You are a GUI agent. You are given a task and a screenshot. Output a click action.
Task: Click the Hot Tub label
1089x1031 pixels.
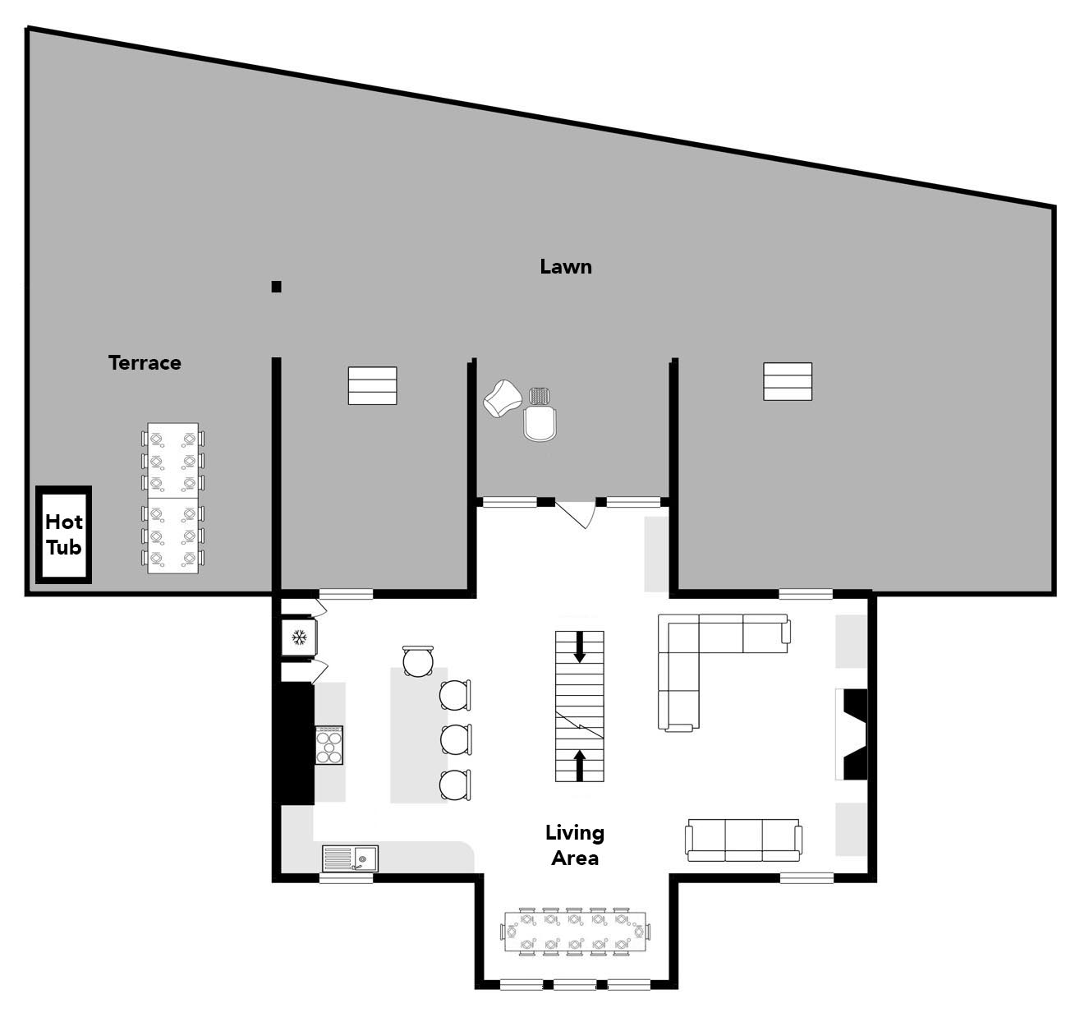pos(64,534)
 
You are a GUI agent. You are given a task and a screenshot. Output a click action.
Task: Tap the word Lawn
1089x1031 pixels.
pos(566,267)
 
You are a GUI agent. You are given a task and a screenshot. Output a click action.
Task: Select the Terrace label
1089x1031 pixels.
pos(145,362)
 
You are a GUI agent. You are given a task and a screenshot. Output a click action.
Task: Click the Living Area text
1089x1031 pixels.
pos(575,845)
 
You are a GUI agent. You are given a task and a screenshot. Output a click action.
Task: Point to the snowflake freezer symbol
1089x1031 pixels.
pos(299,637)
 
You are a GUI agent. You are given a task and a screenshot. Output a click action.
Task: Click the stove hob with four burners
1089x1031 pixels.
pos(329,745)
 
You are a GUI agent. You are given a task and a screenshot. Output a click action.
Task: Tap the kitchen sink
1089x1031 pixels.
pos(350,858)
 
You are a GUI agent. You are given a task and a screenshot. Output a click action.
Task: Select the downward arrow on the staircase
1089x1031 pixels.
pos(579,647)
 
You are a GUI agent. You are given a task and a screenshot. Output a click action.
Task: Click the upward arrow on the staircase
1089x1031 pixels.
pos(579,766)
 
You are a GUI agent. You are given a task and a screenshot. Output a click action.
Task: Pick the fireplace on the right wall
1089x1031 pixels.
pos(852,734)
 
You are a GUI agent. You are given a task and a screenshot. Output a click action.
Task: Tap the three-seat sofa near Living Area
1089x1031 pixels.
pos(743,840)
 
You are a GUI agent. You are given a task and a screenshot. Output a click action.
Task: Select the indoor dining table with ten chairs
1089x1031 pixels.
pos(575,932)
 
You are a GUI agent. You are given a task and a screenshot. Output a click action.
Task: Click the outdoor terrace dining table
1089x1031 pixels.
pos(172,499)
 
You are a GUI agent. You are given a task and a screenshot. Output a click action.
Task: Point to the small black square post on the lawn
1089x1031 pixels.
pos(277,287)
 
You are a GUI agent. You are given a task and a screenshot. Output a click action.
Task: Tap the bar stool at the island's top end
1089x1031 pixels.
pos(418,661)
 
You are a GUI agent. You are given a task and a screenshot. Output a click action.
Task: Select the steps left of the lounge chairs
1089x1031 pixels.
pos(372,385)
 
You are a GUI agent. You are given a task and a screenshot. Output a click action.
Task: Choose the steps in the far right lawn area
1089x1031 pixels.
pos(787,381)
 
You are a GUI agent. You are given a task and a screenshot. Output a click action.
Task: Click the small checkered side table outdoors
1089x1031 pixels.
pos(540,396)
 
